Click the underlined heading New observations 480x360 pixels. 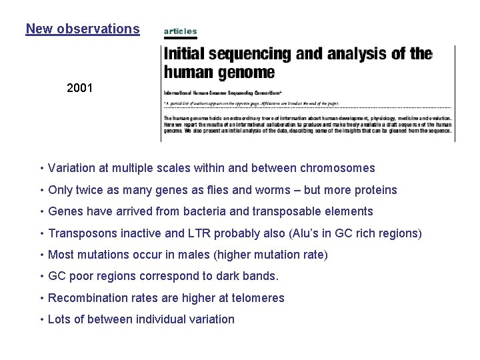83,29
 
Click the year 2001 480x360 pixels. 81,87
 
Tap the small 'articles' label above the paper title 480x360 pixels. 180,31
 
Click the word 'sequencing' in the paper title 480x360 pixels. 255,53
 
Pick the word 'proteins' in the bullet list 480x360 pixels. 374,190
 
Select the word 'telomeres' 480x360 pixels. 259,298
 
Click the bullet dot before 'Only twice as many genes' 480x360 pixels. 42,190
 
